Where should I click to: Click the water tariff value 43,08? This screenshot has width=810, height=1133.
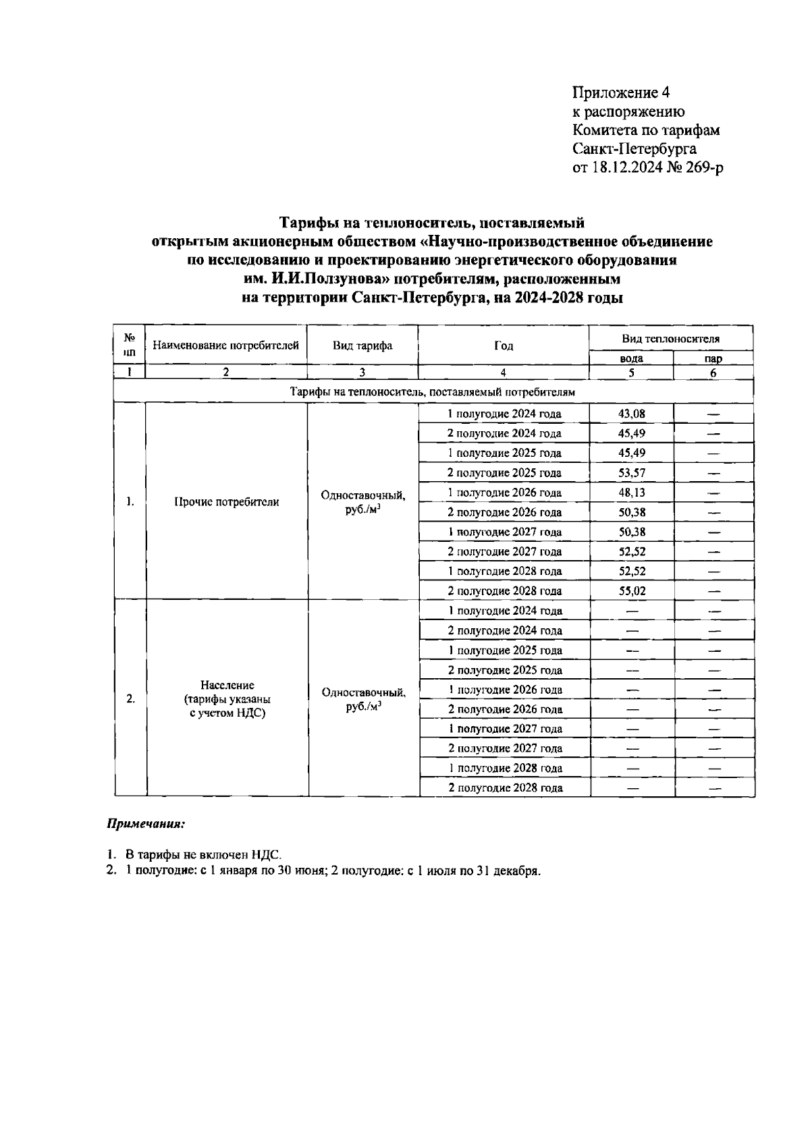pos(632,414)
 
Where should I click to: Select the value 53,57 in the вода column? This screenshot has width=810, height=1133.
pos(632,472)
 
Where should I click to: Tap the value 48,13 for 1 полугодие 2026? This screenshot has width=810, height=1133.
pos(632,493)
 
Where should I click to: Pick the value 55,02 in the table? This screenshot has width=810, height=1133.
pos(632,591)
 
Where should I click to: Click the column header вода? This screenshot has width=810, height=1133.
pos(631,359)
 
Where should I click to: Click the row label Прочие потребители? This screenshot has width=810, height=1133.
pos(227,502)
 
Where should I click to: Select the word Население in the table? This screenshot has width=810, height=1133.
pos(227,686)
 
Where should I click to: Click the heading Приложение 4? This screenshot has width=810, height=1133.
pos(620,92)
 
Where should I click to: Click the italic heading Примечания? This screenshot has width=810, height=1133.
pos(145,824)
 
